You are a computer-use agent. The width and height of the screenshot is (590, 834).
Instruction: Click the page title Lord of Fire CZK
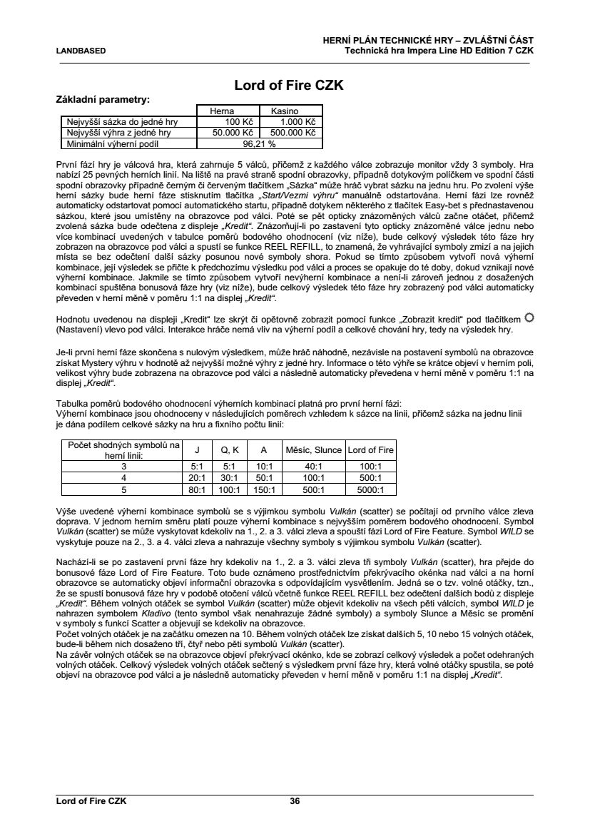coord(289,86)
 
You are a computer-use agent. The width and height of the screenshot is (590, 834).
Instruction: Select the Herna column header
coord(221,111)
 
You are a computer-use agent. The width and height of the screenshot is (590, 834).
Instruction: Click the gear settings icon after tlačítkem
coord(528,317)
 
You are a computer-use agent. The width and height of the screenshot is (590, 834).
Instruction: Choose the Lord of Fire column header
coord(370,450)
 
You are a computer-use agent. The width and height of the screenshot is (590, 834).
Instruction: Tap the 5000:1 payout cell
coord(370,489)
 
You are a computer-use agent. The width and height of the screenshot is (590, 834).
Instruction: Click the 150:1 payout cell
coord(264,489)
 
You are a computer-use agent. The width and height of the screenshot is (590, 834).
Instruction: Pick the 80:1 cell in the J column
coord(197,489)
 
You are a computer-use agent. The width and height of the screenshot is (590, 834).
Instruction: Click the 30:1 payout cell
coord(229,477)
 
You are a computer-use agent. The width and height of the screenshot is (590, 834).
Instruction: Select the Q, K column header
coord(229,450)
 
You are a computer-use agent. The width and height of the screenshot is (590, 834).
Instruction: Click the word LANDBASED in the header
coord(81,51)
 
